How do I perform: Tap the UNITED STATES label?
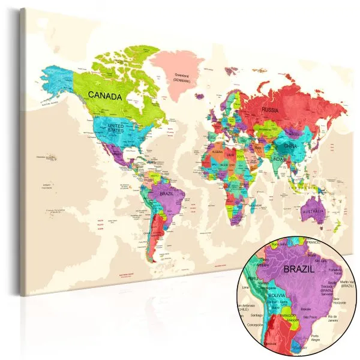pos(116,127)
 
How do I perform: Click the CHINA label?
pos(290,146)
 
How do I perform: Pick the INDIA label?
pos(278,160)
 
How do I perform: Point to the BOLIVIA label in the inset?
pos(277,296)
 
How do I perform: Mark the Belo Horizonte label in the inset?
pos(339,301)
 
